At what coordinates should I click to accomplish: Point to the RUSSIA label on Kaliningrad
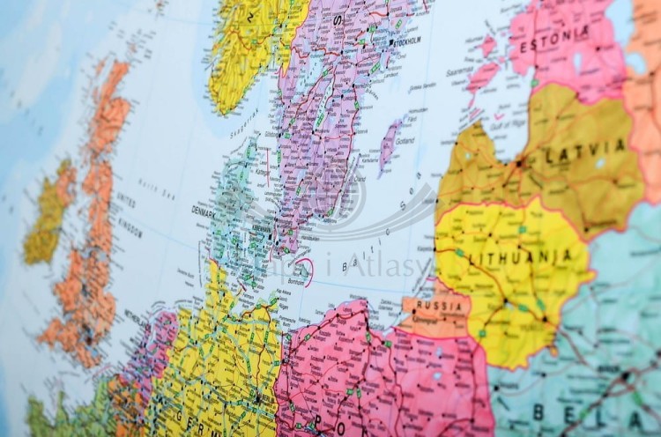coord(442,306)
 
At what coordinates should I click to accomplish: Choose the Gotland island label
coord(406,141)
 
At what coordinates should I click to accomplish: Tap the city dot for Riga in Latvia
coord(521,162)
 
